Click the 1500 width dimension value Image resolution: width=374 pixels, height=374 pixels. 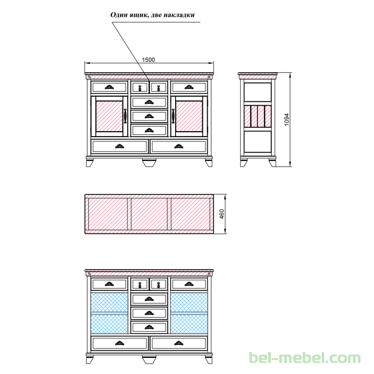(x=149, y=60)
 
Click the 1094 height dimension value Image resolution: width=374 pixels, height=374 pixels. (x=286, y=120)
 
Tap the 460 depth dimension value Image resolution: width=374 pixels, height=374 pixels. (x=221, y=214)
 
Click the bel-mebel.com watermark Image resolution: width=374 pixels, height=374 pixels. (x=305, y=358)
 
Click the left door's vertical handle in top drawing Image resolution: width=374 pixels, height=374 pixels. (x=125, y=116)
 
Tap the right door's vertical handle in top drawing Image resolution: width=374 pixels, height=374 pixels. (x=173, y=116)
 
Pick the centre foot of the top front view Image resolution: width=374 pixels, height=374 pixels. (x=149, y=163)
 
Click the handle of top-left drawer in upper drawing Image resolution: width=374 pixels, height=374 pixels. (x=109, y=87)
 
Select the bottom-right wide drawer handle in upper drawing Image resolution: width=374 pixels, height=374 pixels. (x=179, y=146)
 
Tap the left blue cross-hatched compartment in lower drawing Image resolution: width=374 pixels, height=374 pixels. (x=110, y=313)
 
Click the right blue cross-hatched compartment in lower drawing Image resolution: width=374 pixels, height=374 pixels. (x=189, y=313)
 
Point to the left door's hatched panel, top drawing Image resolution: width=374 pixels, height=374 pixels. (x=109, y=116)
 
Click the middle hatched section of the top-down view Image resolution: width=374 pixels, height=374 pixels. (x=149, y=214)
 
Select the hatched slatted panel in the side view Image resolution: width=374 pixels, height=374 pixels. (x=258, y=116)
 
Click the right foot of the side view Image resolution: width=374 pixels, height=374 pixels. (x=272, y=163)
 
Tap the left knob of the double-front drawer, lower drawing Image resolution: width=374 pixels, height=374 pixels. (x=140, y=285)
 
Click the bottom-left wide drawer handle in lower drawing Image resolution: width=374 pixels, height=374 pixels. (x=120, y=343)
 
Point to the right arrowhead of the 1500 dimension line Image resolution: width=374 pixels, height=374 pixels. (x=211, y=63)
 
